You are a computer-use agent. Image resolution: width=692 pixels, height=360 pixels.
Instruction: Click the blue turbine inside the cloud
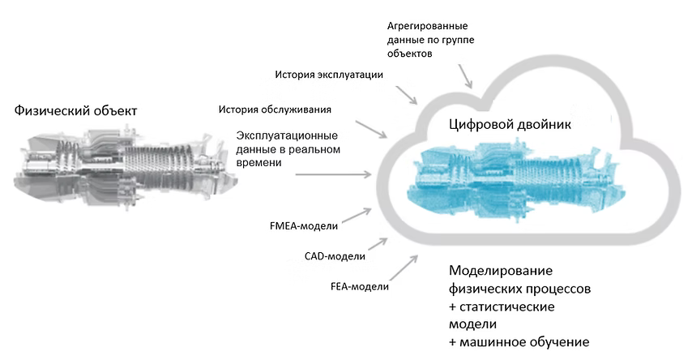[x=510, y=171]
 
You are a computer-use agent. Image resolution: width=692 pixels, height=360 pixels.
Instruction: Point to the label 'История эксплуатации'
[x=328, y=75]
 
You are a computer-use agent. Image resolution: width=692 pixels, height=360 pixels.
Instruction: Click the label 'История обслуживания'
[x=275, y=109]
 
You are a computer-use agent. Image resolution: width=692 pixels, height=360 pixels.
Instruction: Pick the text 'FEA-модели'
[x=360, y=286]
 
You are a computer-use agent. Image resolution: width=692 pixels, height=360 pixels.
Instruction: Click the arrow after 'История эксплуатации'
[x=405, y=94]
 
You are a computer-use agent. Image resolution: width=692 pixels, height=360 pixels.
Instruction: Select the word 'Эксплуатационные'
[x=287, y=135]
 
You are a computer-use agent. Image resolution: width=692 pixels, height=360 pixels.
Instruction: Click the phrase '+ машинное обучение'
[x=519, y=341]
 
